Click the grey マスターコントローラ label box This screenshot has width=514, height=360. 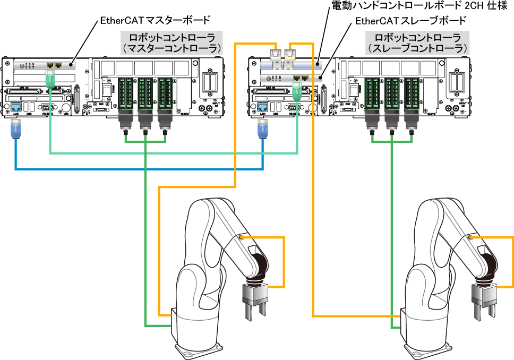click(172, 42)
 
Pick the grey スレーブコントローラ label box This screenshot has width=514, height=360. click(417, 42)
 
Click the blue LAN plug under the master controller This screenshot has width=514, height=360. click(16, 131)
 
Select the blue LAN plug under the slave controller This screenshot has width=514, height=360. click(262, 131)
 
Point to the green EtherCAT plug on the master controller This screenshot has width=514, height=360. click(50, 80)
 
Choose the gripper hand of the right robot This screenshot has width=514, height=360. click(484, 301)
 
